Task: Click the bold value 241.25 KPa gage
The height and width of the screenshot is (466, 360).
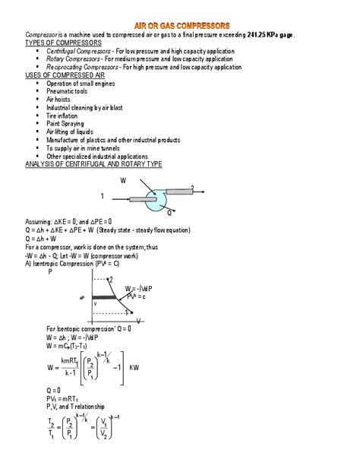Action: tap(270, 36)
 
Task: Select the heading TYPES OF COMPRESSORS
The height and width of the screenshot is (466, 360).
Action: tap(63, 43)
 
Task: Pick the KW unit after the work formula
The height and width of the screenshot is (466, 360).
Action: tap(134, 367)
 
